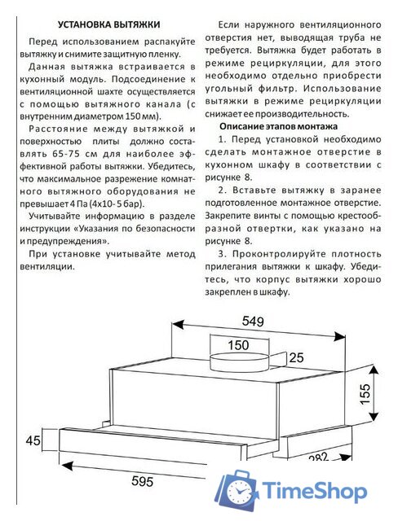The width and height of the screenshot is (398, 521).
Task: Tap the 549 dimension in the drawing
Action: tap(255, 322)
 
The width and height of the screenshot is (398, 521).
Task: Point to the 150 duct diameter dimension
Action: tap(238, 345)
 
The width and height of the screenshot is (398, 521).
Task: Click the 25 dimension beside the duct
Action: tap(296, 357)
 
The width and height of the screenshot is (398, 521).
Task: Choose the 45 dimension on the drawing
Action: tap(33, 441)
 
